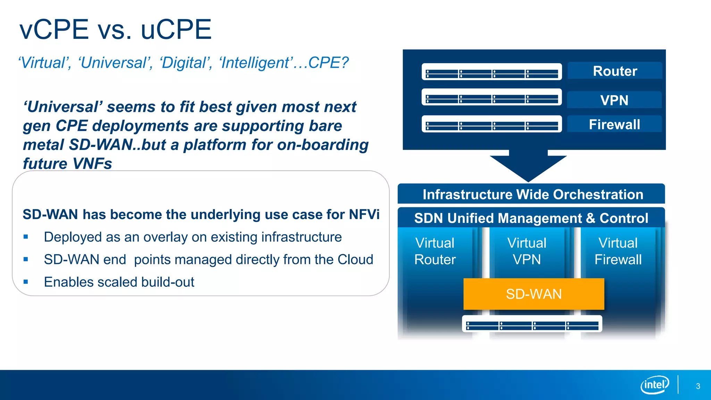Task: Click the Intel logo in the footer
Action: [655, 385]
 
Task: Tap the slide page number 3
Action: [698, 386]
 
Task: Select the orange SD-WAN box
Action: [534, 294]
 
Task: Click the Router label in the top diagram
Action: [615, 71]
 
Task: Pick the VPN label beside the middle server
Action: [614, 100]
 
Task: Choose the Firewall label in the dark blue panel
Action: [614, 124]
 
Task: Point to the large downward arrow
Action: [528, 165]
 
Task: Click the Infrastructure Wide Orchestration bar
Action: [533, 194]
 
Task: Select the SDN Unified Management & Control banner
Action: [531, 218]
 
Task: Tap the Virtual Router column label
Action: [435, 251]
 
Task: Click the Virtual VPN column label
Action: [527, 251]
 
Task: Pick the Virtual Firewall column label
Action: [618, 251]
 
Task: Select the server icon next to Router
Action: [492, 72]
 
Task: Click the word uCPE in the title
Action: [176, 30]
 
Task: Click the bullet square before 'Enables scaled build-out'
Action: [26, 282]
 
